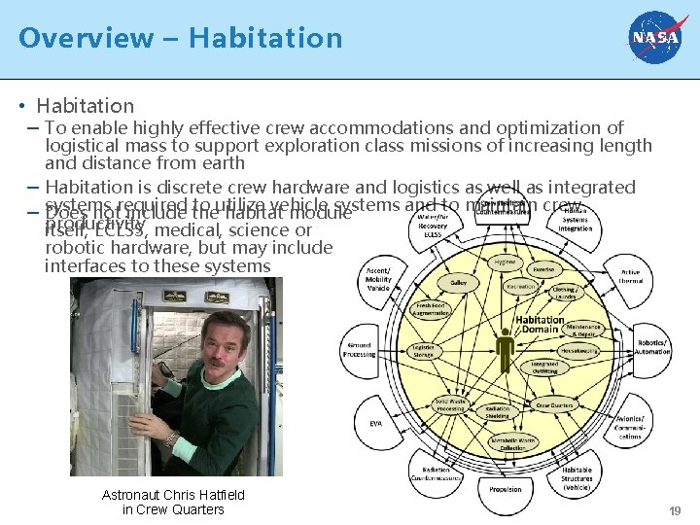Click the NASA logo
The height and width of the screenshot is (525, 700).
pyautogui.click(x=656, y=38)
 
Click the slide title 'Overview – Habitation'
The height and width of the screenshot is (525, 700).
pyautogui.click(x=181, y=38)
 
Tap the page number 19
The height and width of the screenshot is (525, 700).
pyautogui.click(x=675, y=511)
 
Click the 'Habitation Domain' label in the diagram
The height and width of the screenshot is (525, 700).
pyautogui.click(x=541, y=325)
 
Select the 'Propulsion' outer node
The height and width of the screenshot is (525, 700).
pyautogui.click(x=505, y=490)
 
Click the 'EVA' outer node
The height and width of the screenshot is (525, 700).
pyautogui.click(x=375, y=423)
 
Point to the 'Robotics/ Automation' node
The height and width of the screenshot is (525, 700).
pyautogui.click(x=652, y=347)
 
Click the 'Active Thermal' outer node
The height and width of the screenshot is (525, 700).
pyautogui.click(x=630, y=277)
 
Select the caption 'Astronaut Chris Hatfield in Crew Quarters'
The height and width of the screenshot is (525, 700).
pyautogui.click(x=173, y=503)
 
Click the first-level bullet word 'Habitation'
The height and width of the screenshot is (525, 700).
pyautogui.click(x=86, y=106)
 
